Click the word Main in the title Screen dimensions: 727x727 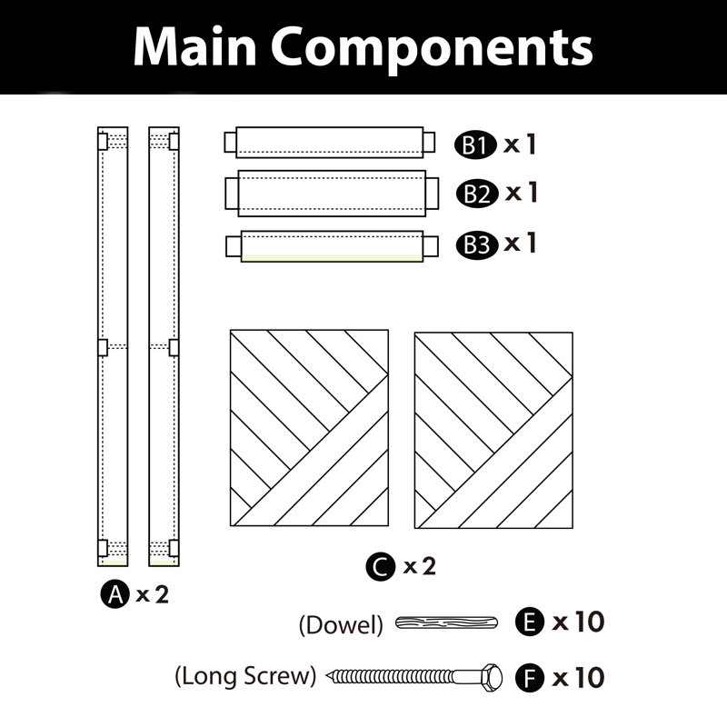tap(194, 47)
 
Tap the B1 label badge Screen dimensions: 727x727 tap(475, 145)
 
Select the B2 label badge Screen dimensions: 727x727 tap(477, 194)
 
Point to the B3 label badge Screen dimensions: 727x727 tap(477, 244)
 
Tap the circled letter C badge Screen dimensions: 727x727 tap(380, 566)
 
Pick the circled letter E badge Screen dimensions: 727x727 tap(530, 622)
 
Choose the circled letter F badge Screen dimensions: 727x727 tap(530, 678)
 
